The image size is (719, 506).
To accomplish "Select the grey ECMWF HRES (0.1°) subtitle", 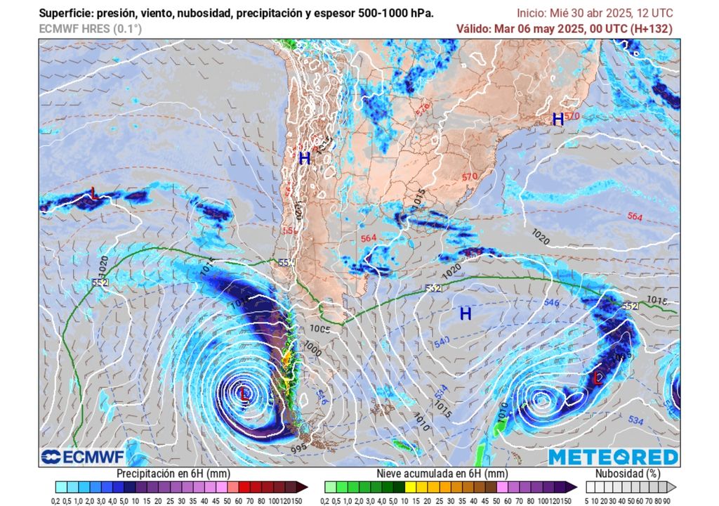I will (90, 29).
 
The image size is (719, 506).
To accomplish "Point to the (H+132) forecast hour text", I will (651, 29).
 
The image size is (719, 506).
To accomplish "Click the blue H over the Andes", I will (304, 159).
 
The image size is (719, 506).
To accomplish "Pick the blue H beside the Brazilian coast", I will (558, 119).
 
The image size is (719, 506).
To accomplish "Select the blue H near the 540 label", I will (465, 314).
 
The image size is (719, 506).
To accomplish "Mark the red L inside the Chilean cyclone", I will (244, 394).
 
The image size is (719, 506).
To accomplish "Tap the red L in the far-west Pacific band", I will (93, 192).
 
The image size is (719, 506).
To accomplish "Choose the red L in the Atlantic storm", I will (597, 378).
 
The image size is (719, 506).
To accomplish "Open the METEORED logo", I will (613, 457).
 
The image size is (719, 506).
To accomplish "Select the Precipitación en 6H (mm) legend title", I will (169, 474).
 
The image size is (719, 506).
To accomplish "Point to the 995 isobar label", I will (299, 448).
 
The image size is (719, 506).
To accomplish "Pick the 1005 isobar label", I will (320, 329).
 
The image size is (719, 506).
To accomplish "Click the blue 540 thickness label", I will (441, 342).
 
